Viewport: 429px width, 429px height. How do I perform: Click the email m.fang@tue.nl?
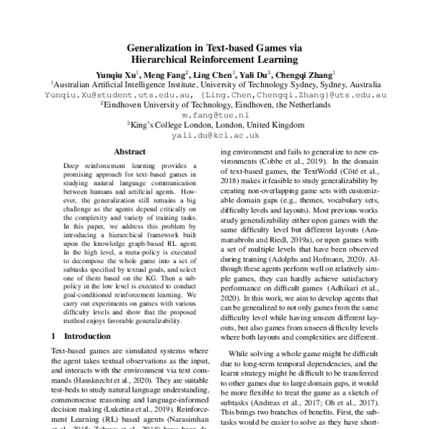pyautogui.click(x=214, y=114)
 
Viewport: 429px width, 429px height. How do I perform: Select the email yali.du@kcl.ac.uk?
pyautogui.click(x=214, y=134)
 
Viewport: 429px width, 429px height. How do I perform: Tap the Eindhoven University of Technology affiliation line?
pyautogui.click(x=214, y=104)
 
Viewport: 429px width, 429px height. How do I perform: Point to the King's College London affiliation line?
pyautogui.click(x=214, y=124)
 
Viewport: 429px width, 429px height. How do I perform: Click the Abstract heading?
pyautogui.click(x=129, y=152)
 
